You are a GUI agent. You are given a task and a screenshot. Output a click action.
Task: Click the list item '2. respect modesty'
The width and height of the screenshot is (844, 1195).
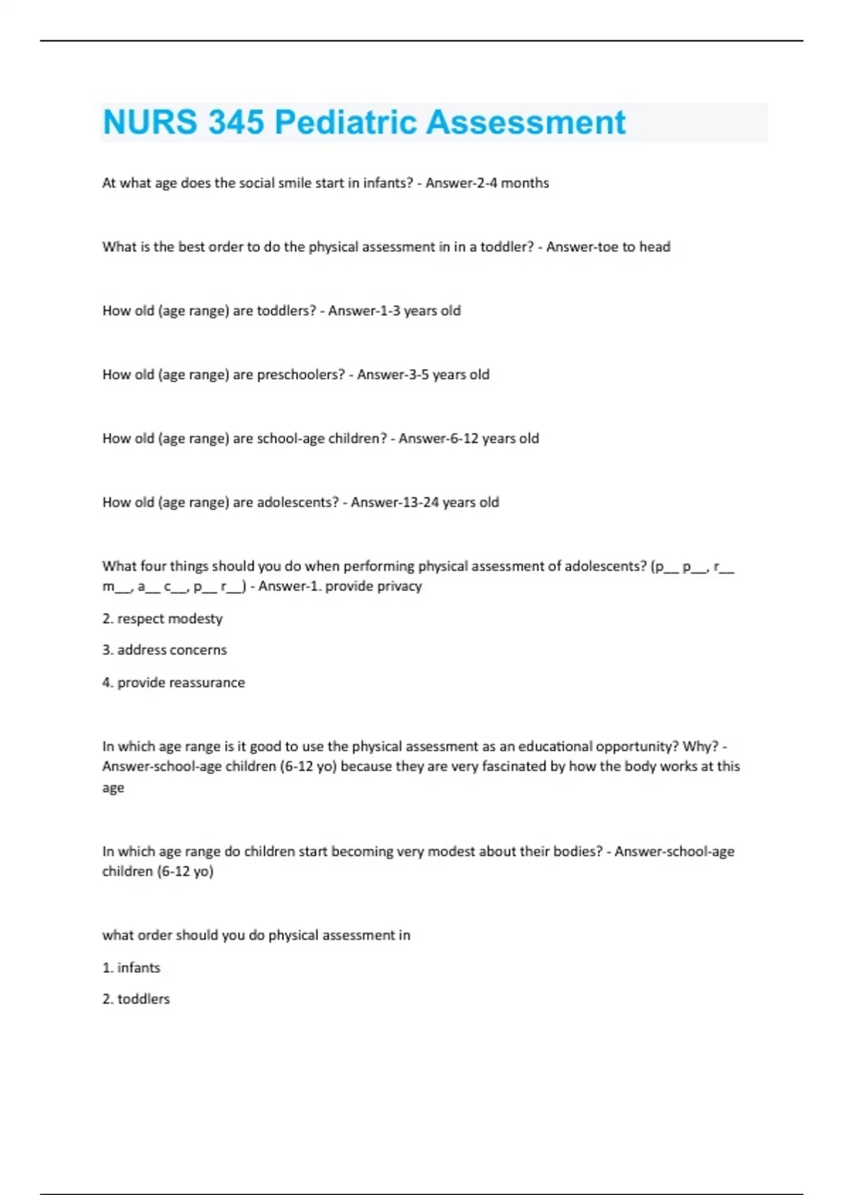162,619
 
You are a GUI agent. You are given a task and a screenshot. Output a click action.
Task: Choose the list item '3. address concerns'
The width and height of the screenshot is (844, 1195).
165,650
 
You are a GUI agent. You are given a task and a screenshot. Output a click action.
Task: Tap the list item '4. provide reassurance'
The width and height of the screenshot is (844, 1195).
174,683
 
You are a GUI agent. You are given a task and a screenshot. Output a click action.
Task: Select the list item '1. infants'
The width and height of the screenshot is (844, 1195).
132,968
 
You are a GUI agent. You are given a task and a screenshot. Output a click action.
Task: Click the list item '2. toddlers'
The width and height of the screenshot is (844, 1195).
136,999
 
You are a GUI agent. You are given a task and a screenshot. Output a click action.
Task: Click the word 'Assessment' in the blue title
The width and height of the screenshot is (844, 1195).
525,122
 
